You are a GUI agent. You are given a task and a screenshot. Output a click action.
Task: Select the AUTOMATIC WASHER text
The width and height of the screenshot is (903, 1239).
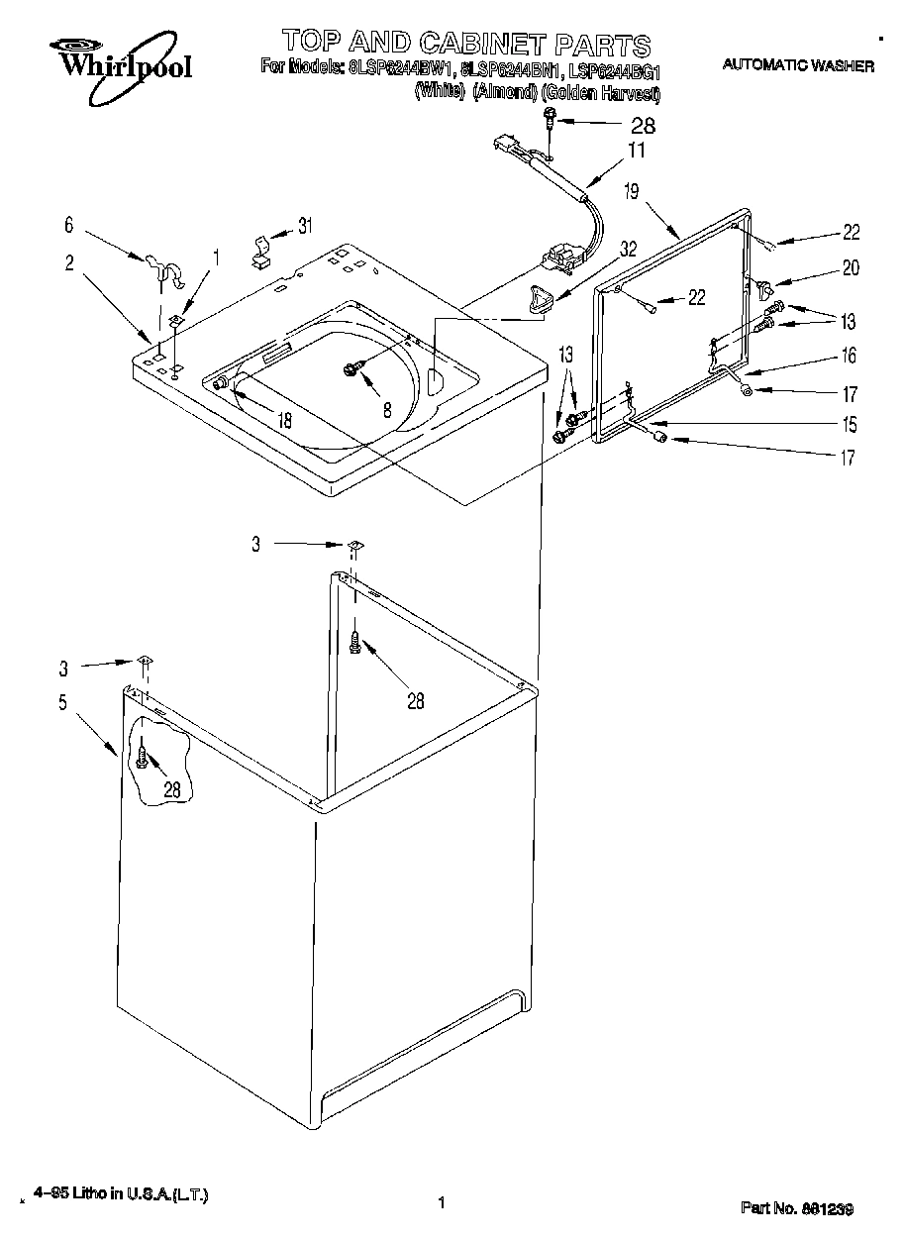(798, 66)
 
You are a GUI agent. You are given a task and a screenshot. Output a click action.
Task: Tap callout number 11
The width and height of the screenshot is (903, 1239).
(636, 151)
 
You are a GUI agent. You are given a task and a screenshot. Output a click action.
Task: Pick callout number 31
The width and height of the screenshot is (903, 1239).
(305, 226)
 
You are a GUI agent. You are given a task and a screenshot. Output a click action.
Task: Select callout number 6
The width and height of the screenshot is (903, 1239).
(68, 225)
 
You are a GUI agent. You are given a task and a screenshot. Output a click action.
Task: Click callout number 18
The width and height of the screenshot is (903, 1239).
(284, 420)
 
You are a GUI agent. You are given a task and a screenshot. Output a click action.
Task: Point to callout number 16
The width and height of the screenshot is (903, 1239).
(850, 356)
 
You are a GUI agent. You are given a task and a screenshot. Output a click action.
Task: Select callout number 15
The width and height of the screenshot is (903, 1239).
(850, 425)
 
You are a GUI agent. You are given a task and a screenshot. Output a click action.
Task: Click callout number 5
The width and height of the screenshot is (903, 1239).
(62, 703)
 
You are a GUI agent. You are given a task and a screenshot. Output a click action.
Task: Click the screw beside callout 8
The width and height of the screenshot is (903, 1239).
(351, 368)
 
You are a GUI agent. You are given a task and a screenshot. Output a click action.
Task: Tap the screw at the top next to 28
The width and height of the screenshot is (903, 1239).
(549, 122)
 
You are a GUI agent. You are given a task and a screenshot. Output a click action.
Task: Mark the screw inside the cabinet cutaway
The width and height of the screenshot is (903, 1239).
(144, 758)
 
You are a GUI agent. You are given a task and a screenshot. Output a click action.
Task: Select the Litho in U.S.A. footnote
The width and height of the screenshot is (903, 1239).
(120, 1195)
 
